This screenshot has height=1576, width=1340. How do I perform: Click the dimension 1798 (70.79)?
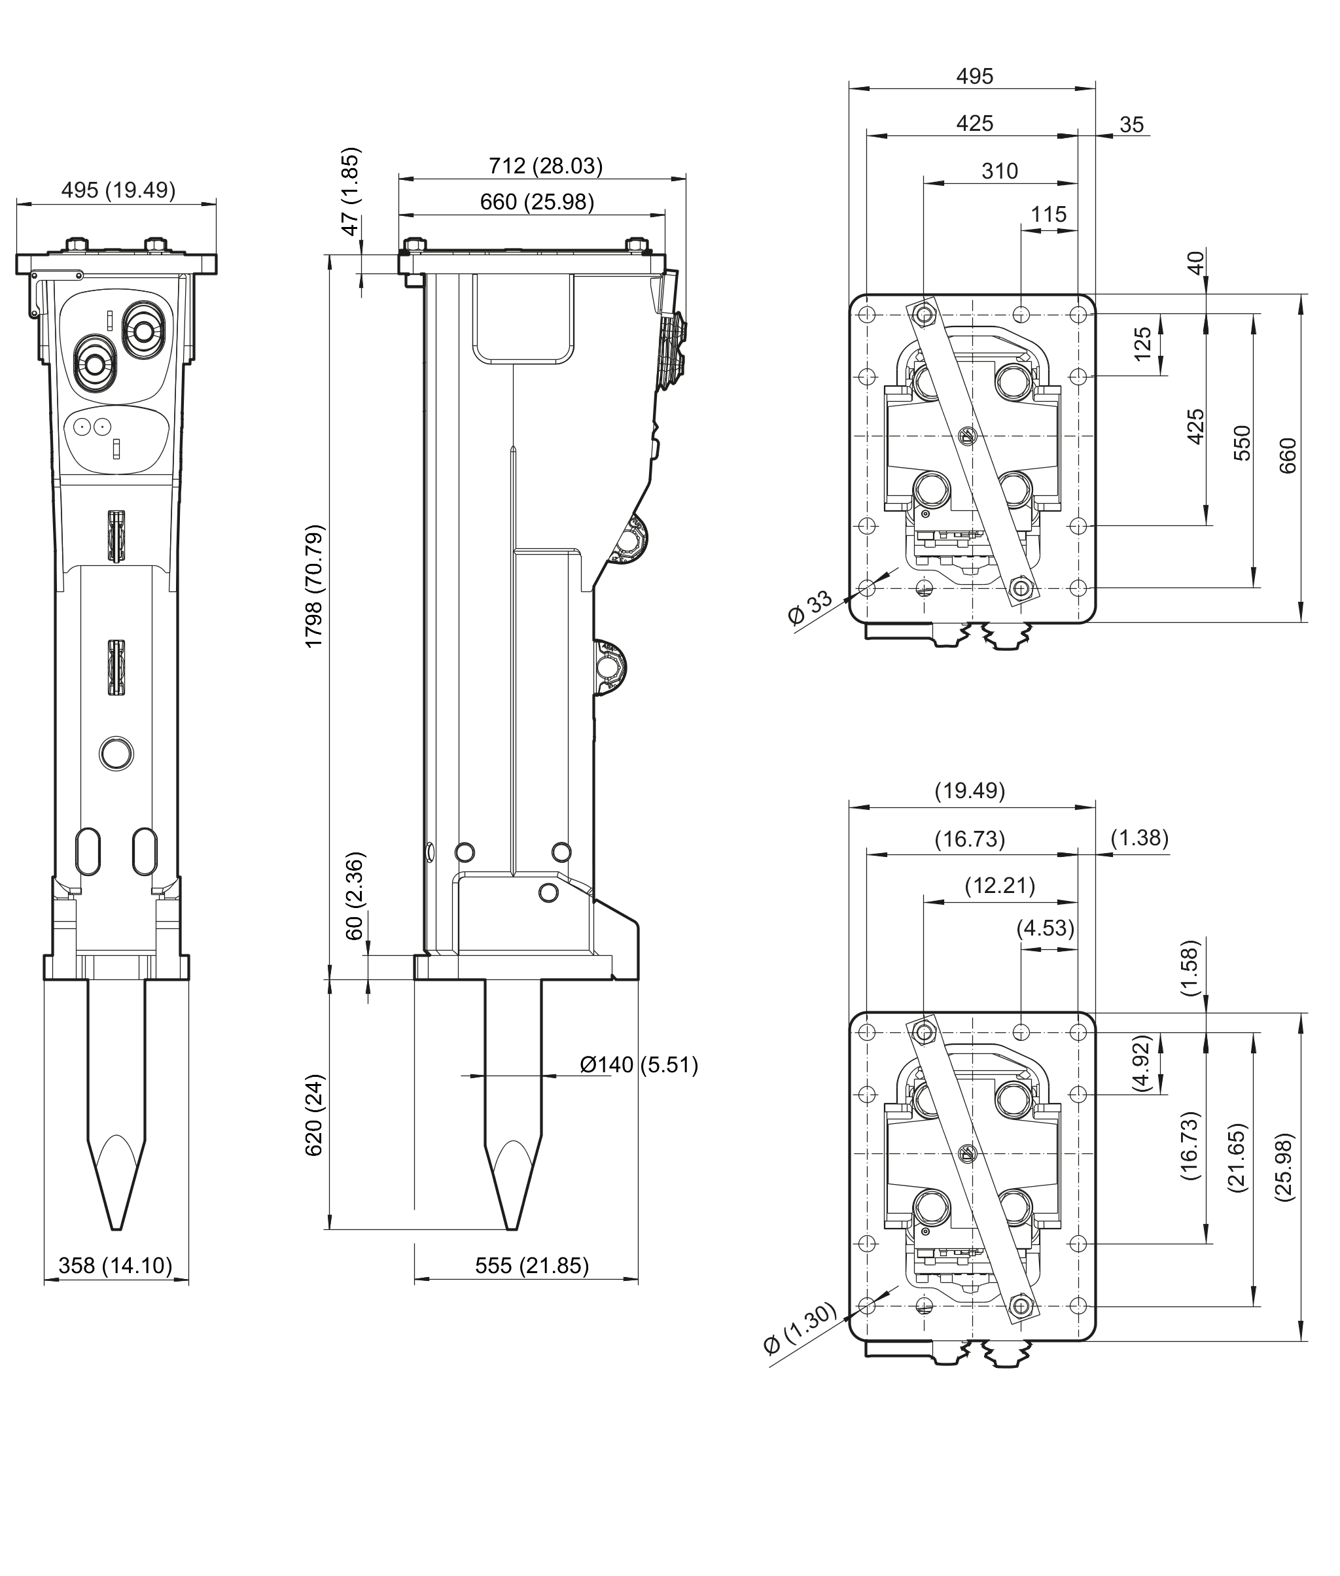[x=313, y=586]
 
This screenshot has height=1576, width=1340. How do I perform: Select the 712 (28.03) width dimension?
[x=546, y=166]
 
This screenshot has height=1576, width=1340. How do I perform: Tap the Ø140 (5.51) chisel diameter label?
[x=639, y=1065]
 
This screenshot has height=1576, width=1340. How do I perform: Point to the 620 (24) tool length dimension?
[x=313, y=1115]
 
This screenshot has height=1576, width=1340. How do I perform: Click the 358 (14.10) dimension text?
[x=115, y=1265]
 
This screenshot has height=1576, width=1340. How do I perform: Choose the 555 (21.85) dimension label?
[x=532, y=1265]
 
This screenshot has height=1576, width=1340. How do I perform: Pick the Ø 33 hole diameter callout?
[x=811, y=608]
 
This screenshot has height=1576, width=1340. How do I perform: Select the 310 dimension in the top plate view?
[x=1000, y=171]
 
